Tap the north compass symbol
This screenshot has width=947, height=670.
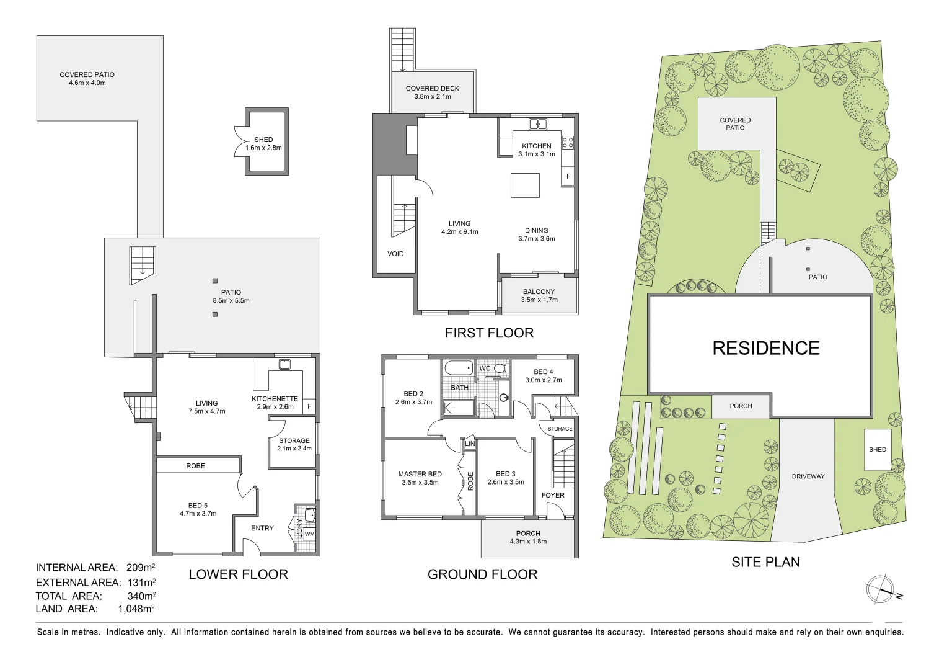(880, 589)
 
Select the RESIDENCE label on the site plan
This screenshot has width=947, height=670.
(765, 348)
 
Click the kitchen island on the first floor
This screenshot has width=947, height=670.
(525, 185)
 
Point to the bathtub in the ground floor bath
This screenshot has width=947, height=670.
(459, 368)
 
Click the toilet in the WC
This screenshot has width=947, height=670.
(500, 368)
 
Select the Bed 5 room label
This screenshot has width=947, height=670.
(198, 509)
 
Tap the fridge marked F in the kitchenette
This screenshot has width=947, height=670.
(309, 407)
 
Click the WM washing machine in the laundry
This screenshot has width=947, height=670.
(309, 534)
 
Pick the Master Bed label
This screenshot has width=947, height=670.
(420, 478)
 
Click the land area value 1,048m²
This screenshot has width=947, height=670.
(136, 609)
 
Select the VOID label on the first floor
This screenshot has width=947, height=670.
(395, 254)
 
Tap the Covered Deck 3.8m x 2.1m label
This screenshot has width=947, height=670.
(432, 92)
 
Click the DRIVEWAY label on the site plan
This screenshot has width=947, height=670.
(808, 476)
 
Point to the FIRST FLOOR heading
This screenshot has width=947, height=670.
(489, 333)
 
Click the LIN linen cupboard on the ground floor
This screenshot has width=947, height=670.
(470, 444)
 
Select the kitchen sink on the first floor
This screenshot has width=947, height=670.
(537, 124)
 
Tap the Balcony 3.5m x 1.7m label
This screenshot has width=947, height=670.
(539, 296)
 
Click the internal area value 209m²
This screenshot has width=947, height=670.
(140, 568)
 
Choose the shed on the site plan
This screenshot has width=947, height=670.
(877, 449)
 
